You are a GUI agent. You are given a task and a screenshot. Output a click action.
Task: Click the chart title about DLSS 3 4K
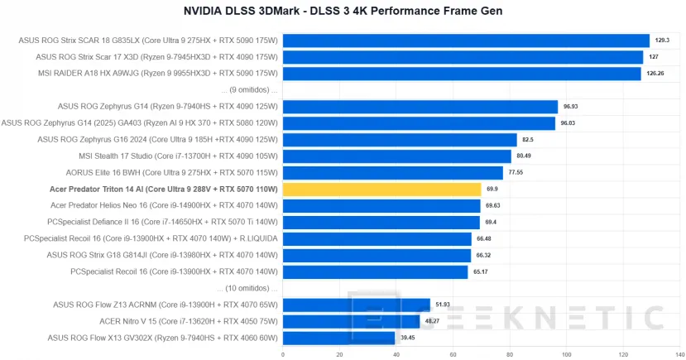pos(343,11)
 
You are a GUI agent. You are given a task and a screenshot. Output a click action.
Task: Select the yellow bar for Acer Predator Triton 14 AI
pos(381,190)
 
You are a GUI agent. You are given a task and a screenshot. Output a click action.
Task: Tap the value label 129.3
pos(661,41)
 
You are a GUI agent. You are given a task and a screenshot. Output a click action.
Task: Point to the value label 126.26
pos(655,74)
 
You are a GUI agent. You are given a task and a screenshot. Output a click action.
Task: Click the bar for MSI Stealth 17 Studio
pos(396,156)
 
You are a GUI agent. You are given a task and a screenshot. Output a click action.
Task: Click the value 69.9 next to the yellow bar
pos(492,190)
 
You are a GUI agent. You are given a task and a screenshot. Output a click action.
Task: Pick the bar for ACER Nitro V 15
pos(351,321)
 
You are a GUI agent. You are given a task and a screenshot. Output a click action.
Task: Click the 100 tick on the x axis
pos(566,354)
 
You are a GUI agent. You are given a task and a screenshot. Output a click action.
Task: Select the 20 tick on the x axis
pos(339,354)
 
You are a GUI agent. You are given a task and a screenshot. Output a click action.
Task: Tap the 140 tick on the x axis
pos(679,354)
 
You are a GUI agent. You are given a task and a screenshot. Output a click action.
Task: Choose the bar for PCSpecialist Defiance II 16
pos(381,223)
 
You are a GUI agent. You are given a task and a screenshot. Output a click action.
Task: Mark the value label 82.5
pos(527,140)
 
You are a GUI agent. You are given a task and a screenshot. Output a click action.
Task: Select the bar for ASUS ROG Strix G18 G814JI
pos(377,255)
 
